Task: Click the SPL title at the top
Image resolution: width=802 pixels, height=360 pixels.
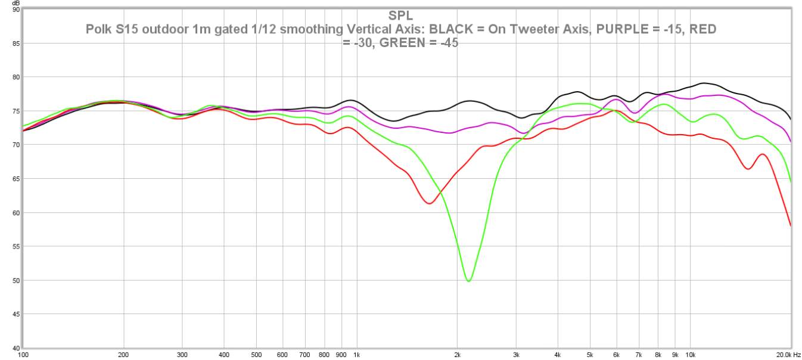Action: point(400,15)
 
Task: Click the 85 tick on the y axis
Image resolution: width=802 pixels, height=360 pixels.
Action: point(15,43)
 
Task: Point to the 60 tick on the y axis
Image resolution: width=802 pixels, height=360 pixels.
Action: point(15,213)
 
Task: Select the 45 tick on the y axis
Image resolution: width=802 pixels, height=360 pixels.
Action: point(15,314)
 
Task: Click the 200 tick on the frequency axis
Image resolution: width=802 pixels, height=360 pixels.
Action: point(124,354)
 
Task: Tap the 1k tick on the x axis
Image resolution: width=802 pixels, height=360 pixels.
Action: point(356,354)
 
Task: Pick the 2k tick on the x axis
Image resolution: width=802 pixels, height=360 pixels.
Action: point(457,354)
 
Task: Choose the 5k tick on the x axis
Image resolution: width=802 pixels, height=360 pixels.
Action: point(590,354)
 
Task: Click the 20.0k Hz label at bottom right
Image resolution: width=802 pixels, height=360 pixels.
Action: point(788,354)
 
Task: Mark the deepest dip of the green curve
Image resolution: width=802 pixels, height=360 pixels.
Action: point(469,281)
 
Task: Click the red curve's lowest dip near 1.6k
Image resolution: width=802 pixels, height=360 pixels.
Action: point(429,203)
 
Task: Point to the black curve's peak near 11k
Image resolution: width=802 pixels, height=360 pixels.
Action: point(704,83)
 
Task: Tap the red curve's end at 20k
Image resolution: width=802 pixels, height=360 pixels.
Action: point(791,226)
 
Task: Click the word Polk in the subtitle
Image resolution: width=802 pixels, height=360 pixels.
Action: point(97,29)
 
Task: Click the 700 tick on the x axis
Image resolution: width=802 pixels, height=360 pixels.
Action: point(304,354)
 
